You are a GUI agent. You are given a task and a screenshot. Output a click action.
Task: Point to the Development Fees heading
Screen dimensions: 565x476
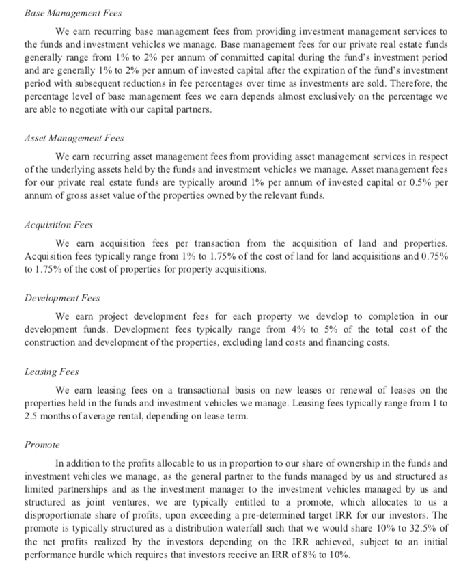61,299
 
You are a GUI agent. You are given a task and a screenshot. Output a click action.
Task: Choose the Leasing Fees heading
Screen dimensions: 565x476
51,372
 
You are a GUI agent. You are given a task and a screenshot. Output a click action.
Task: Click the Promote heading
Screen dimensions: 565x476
42,444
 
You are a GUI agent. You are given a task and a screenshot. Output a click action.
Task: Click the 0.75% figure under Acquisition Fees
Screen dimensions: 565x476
430,254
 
